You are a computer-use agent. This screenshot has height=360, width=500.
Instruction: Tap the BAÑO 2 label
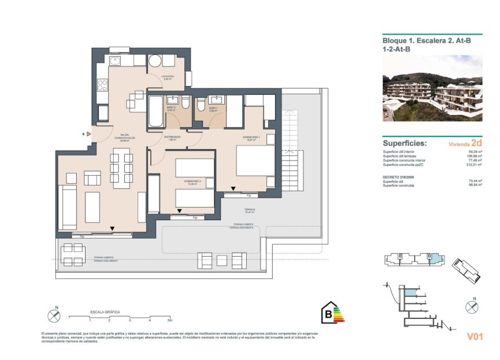tap(171, 108)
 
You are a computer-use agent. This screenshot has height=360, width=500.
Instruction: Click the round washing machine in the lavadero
tap(155, 62)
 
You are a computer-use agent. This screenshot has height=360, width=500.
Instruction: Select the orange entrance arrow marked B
tap(88, 133)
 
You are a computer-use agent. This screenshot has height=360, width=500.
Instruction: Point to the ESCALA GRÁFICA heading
tap(105, 311)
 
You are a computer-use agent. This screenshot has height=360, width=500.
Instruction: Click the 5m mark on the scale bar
tap(169, 320)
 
